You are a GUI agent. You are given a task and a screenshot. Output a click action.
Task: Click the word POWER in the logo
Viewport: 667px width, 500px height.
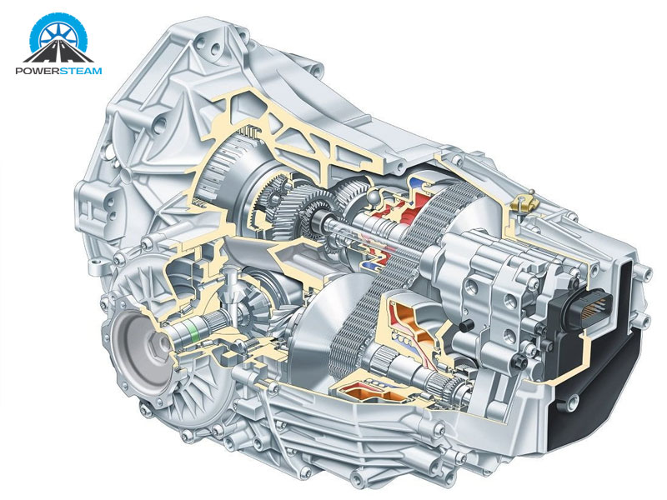(38, 71)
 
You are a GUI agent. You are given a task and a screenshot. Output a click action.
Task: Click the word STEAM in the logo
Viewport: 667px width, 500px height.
(81, 71)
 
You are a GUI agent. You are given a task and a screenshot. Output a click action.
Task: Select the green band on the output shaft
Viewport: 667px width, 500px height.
(195, 331)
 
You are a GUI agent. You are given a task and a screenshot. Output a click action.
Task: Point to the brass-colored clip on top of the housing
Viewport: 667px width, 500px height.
(525, 203)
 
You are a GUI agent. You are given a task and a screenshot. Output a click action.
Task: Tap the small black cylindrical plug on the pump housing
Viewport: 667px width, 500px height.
(467, 326)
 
